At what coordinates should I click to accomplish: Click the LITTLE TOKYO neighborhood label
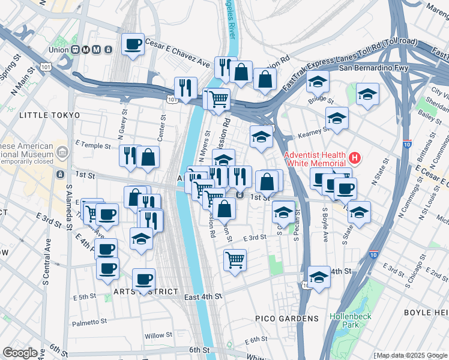point(49,115)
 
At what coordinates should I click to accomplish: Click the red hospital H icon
point(355,159)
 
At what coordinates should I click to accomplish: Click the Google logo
point(20,353)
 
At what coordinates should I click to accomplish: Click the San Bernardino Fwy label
point(373,68)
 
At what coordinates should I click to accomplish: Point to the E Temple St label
point(93,146)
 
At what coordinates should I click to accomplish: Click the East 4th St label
point(203,297)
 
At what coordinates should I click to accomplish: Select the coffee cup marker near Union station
point(133,44)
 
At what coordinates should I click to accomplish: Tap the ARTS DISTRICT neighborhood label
point(145,292)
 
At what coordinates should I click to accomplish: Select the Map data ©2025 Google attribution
point(410,355)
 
